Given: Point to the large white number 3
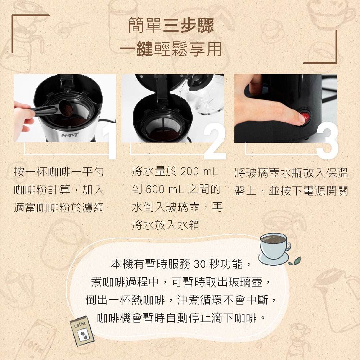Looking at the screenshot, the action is pyautogui.click(x=327, y=140).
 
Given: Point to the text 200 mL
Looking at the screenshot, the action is pyautogui.click(x=199, y=171).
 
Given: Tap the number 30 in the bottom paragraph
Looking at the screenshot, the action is pyautogui.click(x=199, y=264).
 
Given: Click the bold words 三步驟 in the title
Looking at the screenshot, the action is pyautogui.click(x=188, y=25).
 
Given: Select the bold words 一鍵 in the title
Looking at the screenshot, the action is pyautogui.click(x=136, y=49).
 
